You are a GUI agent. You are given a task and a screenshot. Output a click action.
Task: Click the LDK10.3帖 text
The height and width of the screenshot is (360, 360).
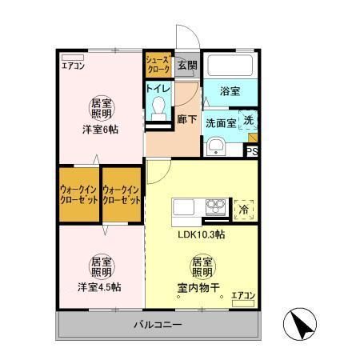200,234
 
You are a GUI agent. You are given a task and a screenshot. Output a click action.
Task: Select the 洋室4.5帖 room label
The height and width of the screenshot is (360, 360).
99,287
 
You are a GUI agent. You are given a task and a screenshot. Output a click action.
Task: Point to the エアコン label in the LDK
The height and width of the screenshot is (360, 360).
242,296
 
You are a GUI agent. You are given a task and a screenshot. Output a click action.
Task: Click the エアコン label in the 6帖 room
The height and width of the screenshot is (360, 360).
74,66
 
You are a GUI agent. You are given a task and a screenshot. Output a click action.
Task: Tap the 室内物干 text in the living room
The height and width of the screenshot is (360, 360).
201,287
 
